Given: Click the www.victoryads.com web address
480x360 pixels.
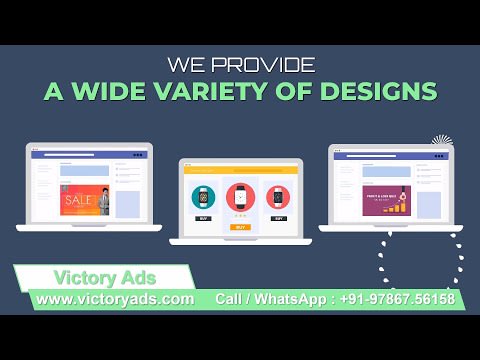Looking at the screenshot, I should click(x=116, y=298).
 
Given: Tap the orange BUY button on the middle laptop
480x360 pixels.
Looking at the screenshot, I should click(x=240, y=227).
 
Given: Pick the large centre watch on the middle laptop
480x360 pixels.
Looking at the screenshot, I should click(x=240, y=195).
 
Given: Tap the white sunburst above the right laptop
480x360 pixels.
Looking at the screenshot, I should click(x=441, y=141).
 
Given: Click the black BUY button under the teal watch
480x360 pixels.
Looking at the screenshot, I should click(x=204, y=217).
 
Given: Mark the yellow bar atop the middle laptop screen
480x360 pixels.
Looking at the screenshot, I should click(x=240, y=167).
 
